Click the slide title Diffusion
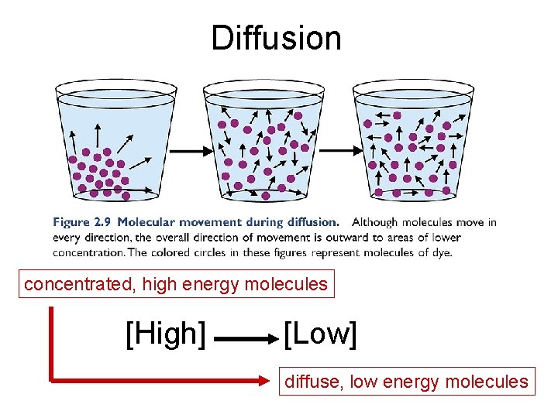276,38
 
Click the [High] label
166,334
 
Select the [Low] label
320,334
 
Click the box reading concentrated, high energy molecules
176,284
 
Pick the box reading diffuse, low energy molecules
406,381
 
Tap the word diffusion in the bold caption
312,222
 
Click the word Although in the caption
374,222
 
